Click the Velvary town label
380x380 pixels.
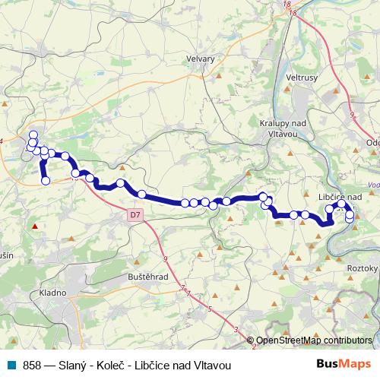201,59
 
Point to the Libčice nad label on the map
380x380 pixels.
339,195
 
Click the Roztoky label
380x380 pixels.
362,268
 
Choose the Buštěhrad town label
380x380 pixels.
148,277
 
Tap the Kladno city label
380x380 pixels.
53,293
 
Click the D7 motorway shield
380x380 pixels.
135,216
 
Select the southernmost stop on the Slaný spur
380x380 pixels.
46,181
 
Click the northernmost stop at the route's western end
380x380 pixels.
33,135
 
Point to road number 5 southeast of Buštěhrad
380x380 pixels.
210,309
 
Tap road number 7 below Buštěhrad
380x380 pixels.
182,288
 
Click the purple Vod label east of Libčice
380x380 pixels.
372,184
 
